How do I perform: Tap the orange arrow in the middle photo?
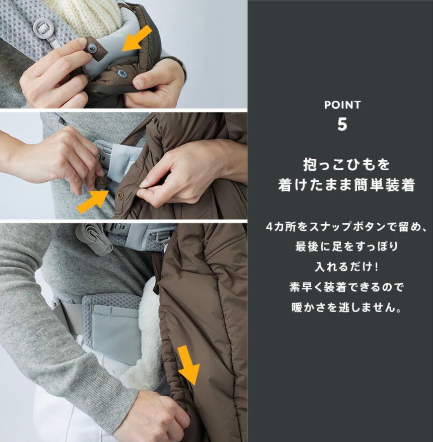tap(92, 201)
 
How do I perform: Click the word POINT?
tap(342, 105)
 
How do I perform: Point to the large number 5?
tap(342, 124)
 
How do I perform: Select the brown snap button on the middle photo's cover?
tap(120, 196)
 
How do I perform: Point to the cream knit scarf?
tap(88, 12)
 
